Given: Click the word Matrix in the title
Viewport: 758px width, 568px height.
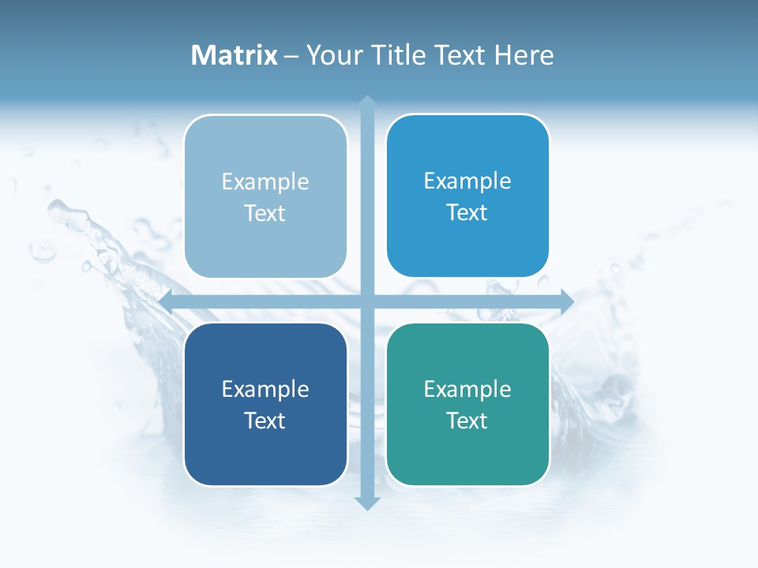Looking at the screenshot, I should pos(234,55).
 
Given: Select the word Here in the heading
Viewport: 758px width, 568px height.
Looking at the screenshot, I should pos(523,55).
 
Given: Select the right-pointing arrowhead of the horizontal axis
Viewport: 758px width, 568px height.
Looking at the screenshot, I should pos(567,301).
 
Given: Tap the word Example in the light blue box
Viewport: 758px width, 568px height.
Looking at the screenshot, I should pos(265,182).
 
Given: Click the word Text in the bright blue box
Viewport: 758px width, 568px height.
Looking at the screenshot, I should pos(467,213).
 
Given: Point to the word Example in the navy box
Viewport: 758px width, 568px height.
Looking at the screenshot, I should pos(265,390).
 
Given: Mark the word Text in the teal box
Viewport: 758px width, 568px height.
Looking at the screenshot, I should pos(467,420).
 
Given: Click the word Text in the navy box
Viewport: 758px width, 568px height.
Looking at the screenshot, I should pos(265,420).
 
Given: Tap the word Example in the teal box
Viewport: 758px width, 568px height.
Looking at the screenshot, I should pos(467,390).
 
